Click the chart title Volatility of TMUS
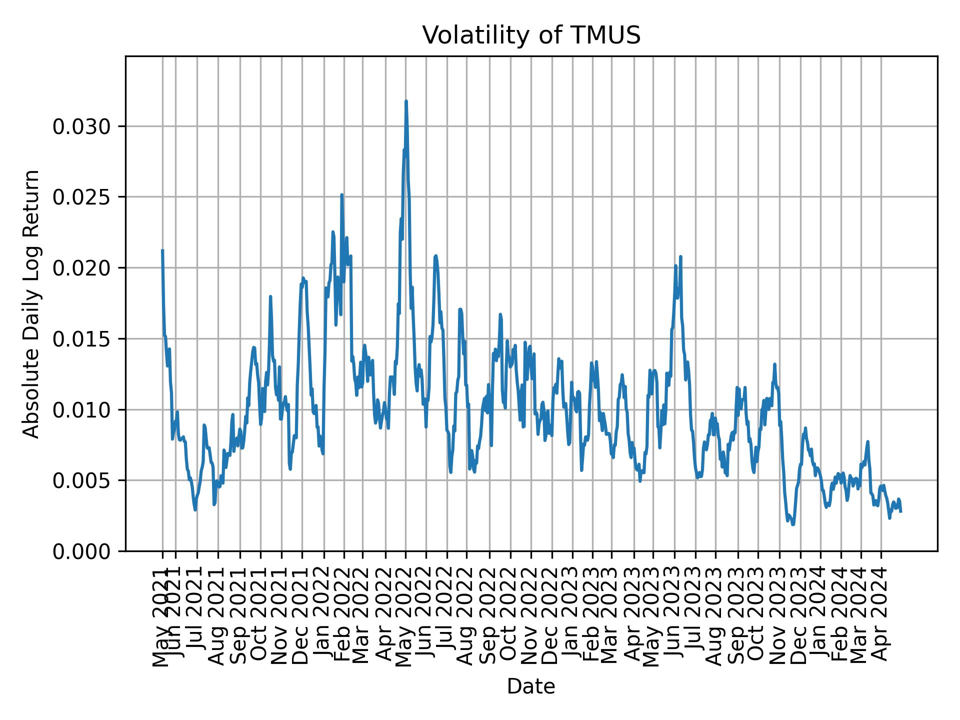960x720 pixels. (531, 35)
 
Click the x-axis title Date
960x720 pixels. (531, 686)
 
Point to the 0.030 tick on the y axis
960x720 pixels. (81, 127)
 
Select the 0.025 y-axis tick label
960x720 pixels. (81, 197)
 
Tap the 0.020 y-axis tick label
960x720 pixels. (81, 268)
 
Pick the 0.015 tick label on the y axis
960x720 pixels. (81, 339)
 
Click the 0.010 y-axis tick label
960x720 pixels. (81, 410)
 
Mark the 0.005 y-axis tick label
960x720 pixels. (81, 481)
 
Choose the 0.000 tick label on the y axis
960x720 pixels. (81, 551)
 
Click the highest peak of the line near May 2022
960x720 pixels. (406, 101)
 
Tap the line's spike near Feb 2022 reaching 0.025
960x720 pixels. (342, 195)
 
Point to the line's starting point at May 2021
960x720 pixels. (162, 250)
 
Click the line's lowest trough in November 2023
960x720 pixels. (793, 524)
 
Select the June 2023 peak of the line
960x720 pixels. (680, 257)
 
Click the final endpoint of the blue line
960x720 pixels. (900, 511)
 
